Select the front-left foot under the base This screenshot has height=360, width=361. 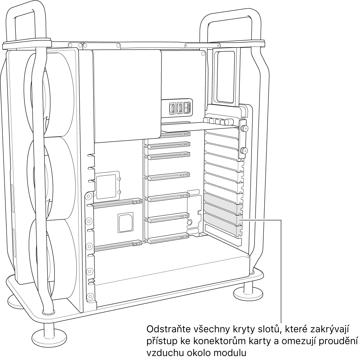(x=49, y=336)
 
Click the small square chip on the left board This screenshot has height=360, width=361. (x=125, y=222)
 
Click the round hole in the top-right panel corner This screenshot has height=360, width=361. (x=203, y=54)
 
